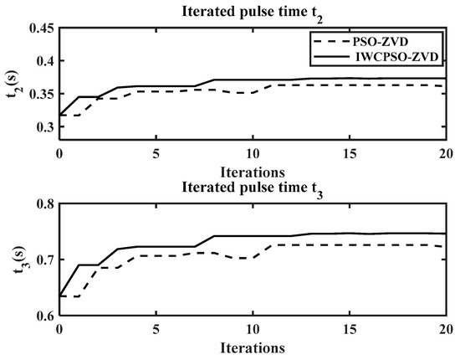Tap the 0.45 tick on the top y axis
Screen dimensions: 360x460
tap(37, 28)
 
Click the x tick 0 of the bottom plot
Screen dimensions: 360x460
tap(59, 330)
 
